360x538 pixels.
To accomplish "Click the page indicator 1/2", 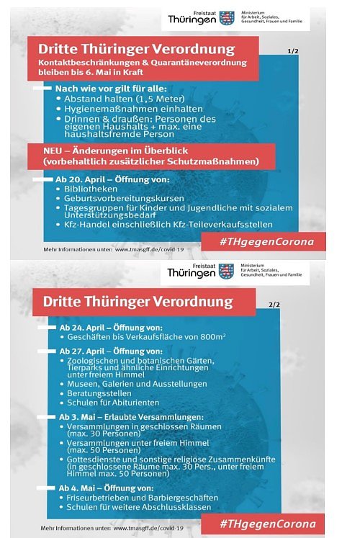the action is point(292,52).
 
